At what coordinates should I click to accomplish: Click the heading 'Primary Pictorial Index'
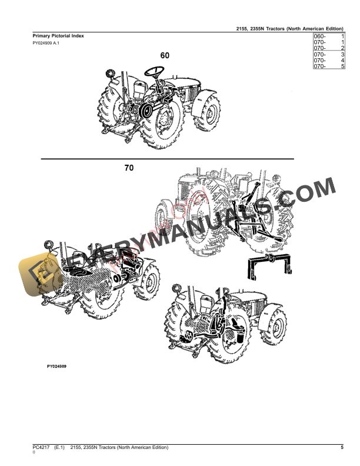click(x=58, y=36)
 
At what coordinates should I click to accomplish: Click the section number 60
click(x=165, y=56)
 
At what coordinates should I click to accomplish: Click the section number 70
click(x=129, y=168)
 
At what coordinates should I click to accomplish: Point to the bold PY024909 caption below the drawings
click(x=56, y=366)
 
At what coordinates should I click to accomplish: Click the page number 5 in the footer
click(x=342, y=448)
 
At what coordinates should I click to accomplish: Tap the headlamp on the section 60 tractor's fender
click(x=109, y=74)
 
